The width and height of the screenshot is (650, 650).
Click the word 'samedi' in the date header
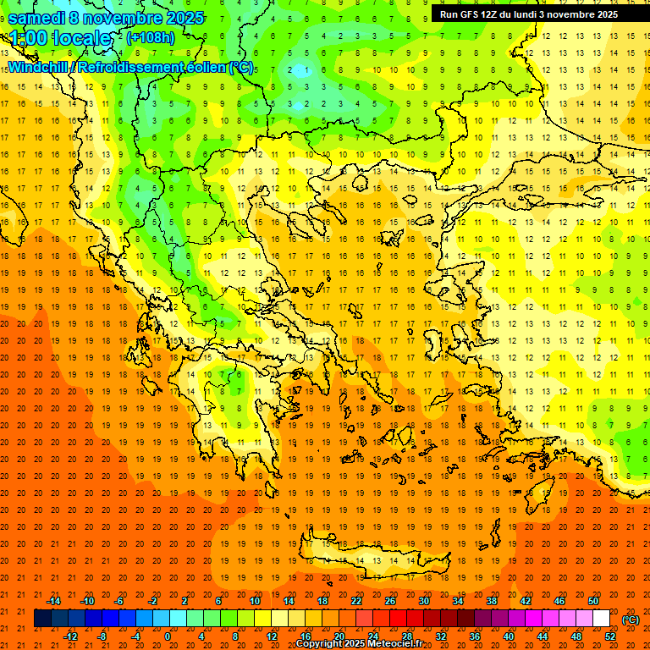[x=36, y=18]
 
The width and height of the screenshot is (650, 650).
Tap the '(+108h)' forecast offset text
[x=151, y=38]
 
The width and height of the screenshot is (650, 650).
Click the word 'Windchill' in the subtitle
[x=40, y=67]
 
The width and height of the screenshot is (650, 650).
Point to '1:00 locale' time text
[x=60, y=38]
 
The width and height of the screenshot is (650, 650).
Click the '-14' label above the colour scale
[x=54, y=601]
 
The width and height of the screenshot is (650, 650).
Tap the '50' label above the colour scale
[x=593, y=601]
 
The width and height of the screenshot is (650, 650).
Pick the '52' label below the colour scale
[x=610, y=636]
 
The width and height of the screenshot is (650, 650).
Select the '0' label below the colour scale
[x=168, y=636]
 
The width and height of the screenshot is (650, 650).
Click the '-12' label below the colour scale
[x=70, y=636]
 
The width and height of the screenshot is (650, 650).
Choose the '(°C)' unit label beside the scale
[x=631, y=620]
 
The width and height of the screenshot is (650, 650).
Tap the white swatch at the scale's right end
[x=601, y=619]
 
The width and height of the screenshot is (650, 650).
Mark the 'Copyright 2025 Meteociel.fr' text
[x=359, y=644]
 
